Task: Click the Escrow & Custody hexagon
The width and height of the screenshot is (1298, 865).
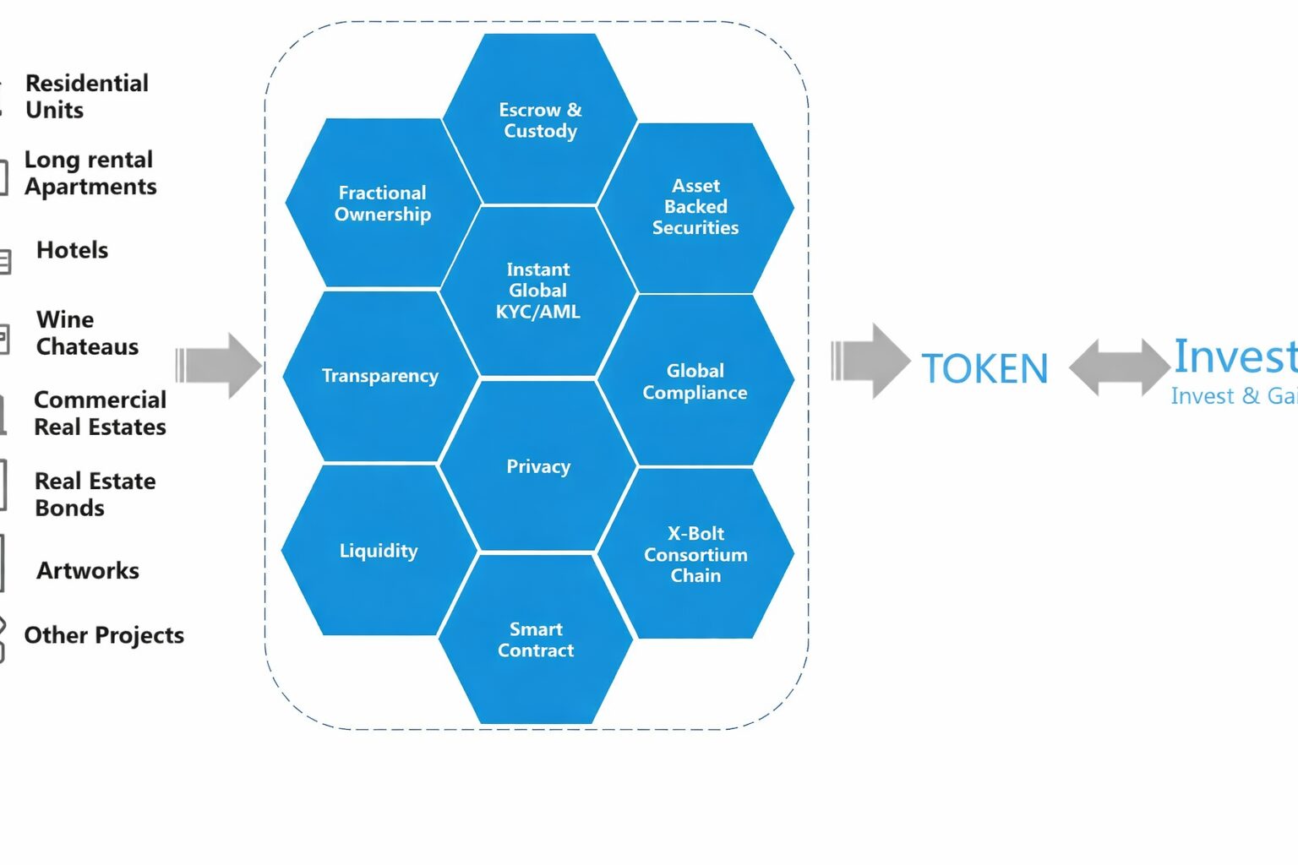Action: pos(540,120)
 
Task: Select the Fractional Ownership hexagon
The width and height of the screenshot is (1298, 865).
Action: pos(383,204)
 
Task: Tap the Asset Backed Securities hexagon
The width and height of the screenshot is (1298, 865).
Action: pos(695,207)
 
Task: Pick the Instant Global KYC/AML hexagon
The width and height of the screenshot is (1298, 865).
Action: pos(538,291)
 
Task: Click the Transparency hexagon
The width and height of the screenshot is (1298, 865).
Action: pos(380,376)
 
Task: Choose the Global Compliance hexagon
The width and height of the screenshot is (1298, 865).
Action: pos(695,381)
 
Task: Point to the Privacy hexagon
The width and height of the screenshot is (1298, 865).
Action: pos(538,466)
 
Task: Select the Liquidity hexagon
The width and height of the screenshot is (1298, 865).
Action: pos(379,551)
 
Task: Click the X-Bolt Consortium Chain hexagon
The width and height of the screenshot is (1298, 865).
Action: pos(695,554)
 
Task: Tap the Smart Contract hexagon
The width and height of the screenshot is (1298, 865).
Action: pos(536,639)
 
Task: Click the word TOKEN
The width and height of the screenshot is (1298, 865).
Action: pos(984,369)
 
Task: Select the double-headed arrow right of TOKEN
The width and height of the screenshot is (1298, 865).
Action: pos(1120,367)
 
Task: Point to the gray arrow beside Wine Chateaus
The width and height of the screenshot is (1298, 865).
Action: pos(219,366)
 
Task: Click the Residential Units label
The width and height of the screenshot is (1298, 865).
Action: pos(86,96)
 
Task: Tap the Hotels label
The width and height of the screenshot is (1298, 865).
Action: pos(72,250)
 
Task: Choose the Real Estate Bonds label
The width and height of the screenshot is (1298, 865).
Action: pos(95,494)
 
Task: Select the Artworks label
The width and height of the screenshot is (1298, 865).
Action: pos(87,571)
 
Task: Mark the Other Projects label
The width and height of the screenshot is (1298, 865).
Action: pos(103,635)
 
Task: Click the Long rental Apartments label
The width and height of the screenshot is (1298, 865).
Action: pos(90,173)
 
